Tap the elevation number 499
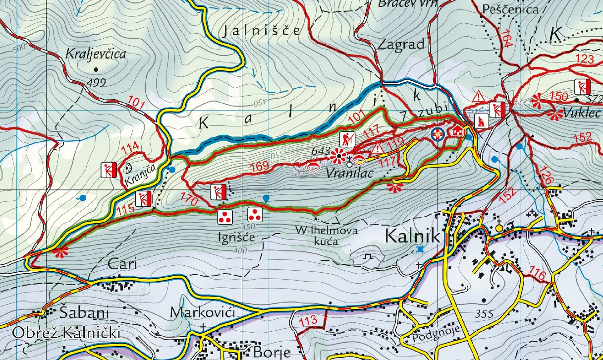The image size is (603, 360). click(x=96, y=82)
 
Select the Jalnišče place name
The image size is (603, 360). click(x=261, y=31)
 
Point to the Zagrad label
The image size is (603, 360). click(x=401, y=44)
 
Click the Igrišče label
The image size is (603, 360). click(x=236, y=237)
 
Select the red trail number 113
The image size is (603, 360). click(x=309, y=321)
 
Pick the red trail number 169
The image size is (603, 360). click(x=259, y=167)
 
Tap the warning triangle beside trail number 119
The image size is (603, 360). click(x=378, y=148)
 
